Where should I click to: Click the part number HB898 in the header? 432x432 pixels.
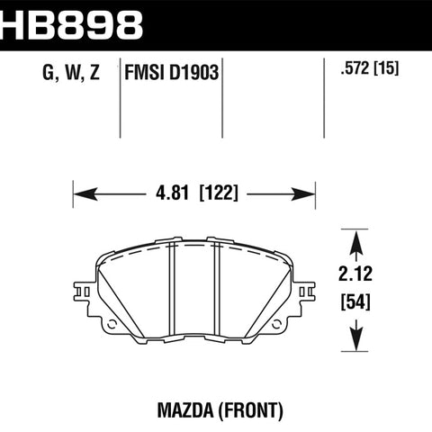tap(71, 25)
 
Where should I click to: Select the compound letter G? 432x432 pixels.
tap(49, 73)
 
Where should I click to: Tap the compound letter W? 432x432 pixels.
tap(72, 73)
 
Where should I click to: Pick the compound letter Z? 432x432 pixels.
tap(94, 73)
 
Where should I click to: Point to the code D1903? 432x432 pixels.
tap(193, 73)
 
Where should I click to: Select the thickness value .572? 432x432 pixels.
tap(355, 68)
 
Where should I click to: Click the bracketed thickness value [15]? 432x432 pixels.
tap(386, 68)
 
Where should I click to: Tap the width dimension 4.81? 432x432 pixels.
tap(172, 193)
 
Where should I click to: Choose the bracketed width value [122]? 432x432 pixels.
tap(219, 193)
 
